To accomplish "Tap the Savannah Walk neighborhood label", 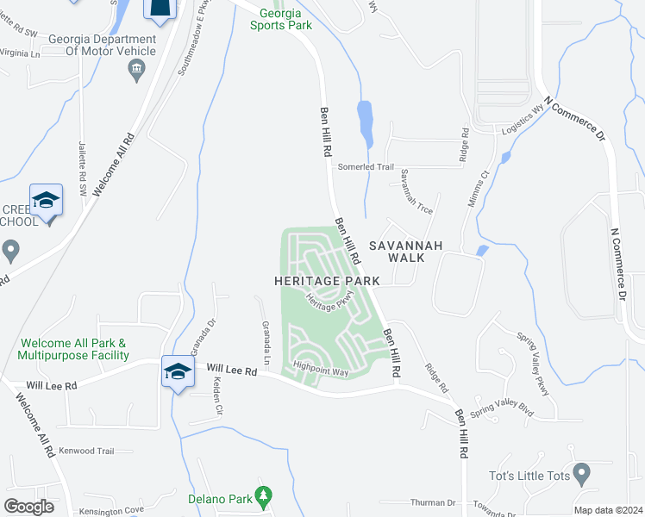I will click(x=405, y=252).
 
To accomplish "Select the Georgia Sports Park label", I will click(x=281, y=19).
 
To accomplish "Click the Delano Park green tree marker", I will click(x=265, y=497).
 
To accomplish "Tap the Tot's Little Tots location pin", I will click(x=581, y=473).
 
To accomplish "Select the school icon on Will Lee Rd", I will click(x=178, y=371).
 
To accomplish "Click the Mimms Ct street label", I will click(x=479, y=186).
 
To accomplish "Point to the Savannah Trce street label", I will click(x=416, y=191).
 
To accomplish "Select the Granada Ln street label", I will click(x=266, y=341).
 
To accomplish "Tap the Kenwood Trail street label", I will click(x=86, y=451).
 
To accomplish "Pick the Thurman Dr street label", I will click(x=433, y=502).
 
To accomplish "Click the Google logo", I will click(x=28, y=506).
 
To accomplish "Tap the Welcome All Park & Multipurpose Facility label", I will click(x=73, y=349).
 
